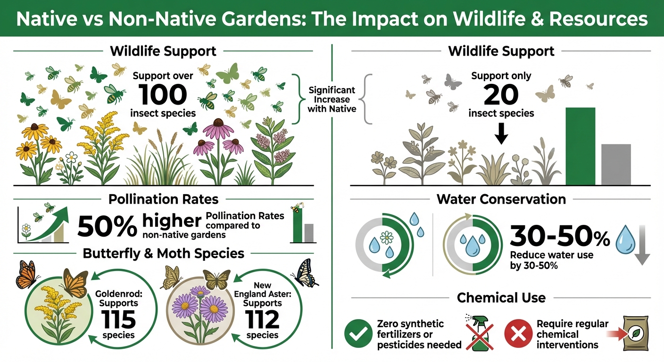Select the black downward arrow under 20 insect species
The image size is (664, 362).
click(502, 136)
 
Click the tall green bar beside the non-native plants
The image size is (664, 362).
click(580, 146)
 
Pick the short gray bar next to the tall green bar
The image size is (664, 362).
click(616, 164)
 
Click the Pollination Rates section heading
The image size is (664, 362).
click(163, 199)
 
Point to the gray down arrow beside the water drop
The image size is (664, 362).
click(642, 246)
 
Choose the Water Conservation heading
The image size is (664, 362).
click(501, 199)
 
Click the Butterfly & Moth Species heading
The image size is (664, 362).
click(163, 254)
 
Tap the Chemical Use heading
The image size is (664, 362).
click(501, 298)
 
